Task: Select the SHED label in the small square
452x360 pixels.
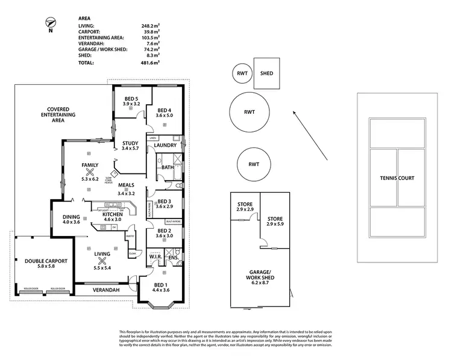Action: tap(266, 73)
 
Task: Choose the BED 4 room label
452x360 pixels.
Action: tap(165, 110)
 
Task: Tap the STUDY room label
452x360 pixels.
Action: tap(130, 143)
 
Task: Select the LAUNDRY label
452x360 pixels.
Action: tap(165, 145)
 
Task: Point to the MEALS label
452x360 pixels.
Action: tap(127, 185)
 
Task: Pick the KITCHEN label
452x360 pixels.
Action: tap(112, 214)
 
